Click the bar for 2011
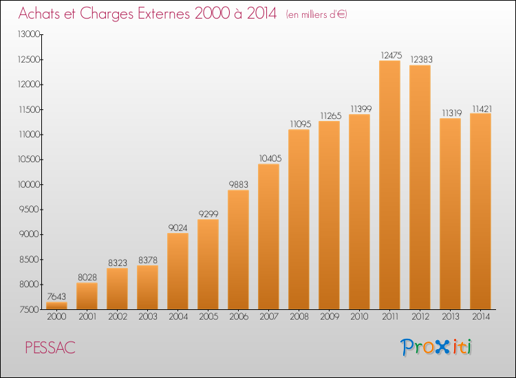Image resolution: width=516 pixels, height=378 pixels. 389,185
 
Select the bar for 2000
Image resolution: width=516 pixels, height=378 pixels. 56,306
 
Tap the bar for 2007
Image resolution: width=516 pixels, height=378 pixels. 268,236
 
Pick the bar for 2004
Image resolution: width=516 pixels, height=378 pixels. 178,271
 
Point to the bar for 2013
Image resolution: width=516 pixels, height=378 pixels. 450,214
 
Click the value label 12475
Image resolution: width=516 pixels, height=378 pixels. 391,55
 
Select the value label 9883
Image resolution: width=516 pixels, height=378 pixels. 239,185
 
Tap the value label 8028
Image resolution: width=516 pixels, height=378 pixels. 87,278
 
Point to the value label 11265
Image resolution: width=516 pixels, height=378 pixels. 331,115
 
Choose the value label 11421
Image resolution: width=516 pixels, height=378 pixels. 482,109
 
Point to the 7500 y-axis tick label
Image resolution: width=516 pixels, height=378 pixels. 29,310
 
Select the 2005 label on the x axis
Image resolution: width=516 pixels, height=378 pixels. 208,317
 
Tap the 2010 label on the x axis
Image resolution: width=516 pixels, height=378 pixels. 359,317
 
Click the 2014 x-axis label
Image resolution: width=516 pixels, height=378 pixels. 481,317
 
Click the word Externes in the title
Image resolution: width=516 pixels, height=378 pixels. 164,14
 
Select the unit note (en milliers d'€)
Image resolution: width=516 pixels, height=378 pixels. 316,14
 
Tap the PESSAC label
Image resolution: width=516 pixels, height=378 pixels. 50,348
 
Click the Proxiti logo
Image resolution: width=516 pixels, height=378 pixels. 436,347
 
